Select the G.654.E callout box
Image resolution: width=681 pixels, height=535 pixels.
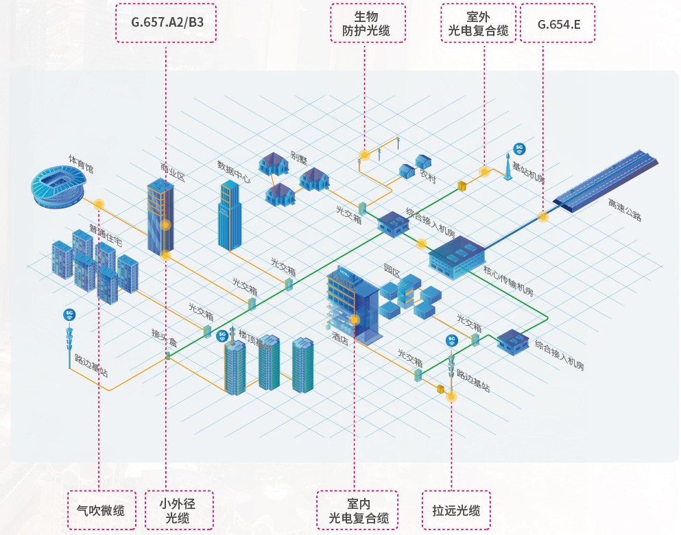[x=558, y=23]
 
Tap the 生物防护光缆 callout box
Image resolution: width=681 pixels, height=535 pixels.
[x=366, y=23]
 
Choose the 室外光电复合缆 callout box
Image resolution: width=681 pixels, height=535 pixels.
[x=478, y=23]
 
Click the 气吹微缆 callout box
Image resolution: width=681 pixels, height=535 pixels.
[x=101, y=510]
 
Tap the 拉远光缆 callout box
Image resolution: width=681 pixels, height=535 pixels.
[x=456, y=510]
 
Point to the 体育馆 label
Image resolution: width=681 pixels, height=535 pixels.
[x=80, y=164]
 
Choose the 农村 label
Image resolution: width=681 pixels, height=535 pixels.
[x=427, y=176]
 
